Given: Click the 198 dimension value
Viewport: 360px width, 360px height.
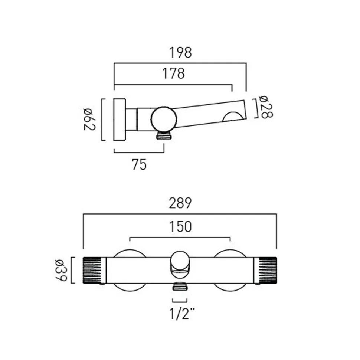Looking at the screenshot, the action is [180, 53].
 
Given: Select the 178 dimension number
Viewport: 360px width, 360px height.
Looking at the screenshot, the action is [174, 73].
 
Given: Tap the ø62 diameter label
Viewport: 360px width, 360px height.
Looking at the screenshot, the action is [89, 119].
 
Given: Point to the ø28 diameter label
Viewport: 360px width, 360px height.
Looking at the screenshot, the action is [266, 107].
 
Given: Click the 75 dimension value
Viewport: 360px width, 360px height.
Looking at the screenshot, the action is [139, 165].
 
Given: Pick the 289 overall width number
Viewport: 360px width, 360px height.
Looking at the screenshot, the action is [180, 203].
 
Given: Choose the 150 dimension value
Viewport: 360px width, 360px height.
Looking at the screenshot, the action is [180, 227].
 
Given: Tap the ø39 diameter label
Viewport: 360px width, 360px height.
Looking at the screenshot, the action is [61, 270].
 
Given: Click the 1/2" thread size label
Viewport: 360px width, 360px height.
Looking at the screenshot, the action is [182, 314].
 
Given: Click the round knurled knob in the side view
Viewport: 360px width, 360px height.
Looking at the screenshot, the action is [164, 120].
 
